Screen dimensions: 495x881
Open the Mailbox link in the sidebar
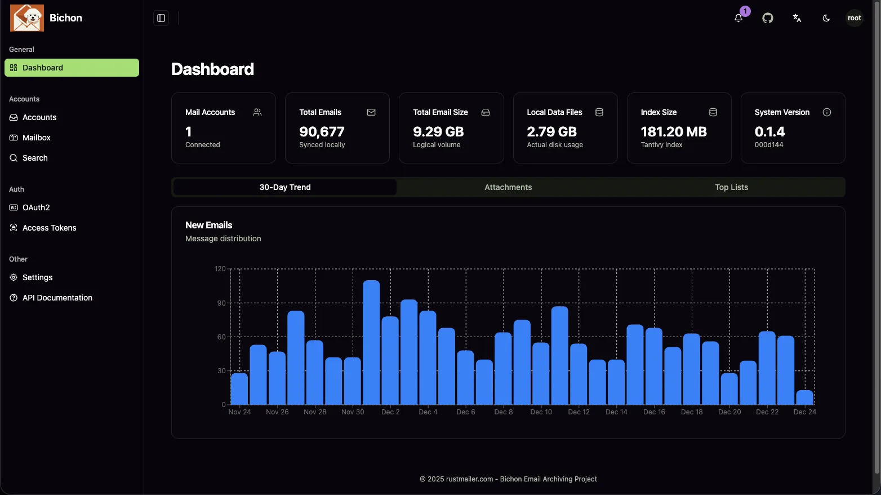[x=36, y=138]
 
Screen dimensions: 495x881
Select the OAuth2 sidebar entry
[x=36, y=207]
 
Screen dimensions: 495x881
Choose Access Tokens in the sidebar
[x=49, y=228]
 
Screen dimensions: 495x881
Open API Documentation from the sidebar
[x=57, y=298]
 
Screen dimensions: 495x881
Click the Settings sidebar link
[x=37, y=277]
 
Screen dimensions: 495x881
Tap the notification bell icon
[x=738, y=18]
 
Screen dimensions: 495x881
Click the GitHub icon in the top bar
[x=768, y=18]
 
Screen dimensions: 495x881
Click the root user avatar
[x=854, y=18]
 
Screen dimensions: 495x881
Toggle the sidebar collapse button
[x=161, y=18]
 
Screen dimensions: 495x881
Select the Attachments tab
[x=508, y=187]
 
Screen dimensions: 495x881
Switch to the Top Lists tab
[x=731, y=187]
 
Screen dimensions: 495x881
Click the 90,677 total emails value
[x=322, y=132]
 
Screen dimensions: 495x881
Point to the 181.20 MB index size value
[x=674, y=132]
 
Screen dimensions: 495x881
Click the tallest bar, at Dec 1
[x=371, y=343]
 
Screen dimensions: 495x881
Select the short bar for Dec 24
[x=804, y=397]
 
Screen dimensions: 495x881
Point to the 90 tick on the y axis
[x=221, y=303]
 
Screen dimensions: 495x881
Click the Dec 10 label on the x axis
[x=541, y=412]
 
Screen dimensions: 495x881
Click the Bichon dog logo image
[x=26, y=18]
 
